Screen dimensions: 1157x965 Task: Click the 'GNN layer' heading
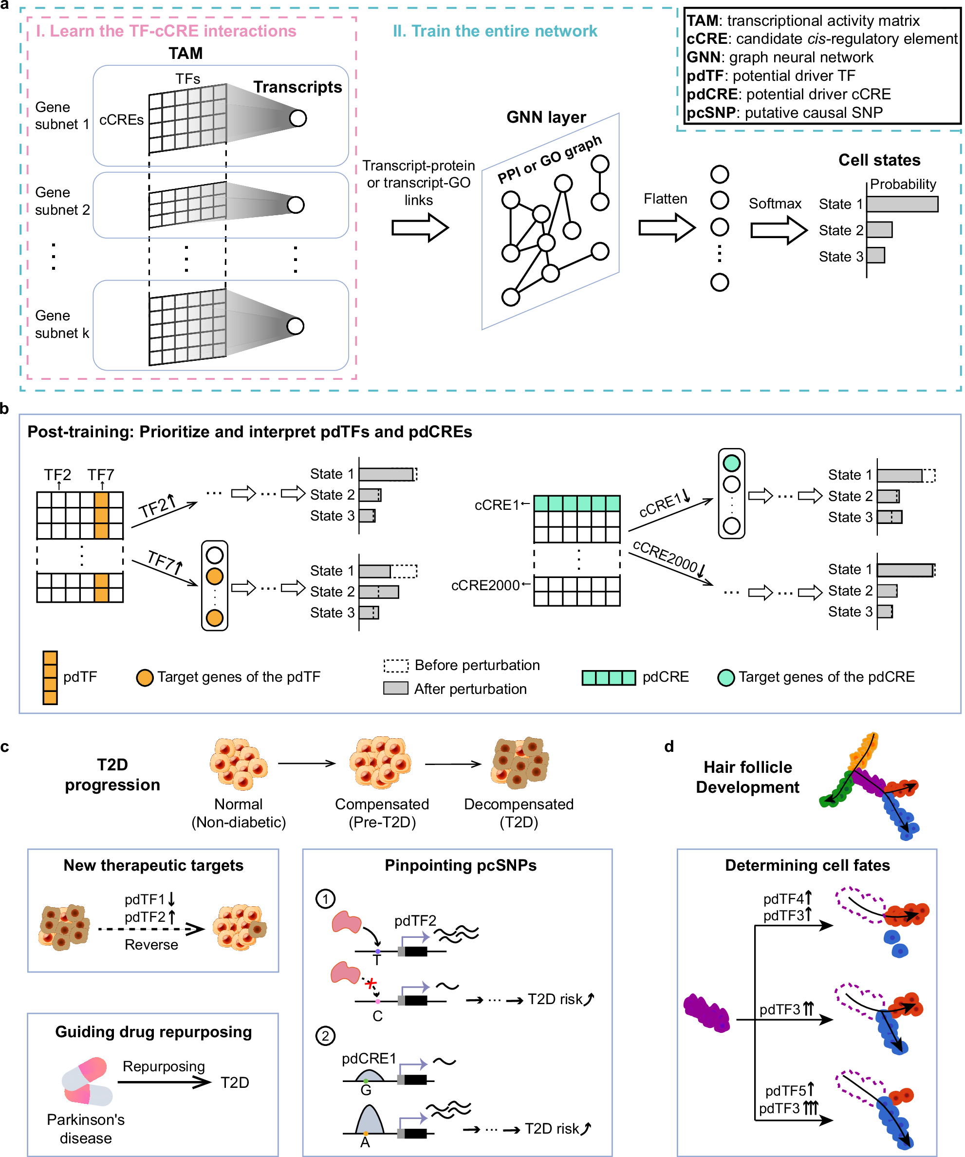pos(546,117)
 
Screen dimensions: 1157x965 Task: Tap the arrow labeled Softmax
pos(778,230)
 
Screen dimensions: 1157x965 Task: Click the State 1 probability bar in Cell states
pos(902,204)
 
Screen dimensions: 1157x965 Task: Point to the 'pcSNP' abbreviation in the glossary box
pos(711,113)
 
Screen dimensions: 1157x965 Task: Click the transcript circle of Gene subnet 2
pos(296,205)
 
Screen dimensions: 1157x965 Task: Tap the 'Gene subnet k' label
pos(62,324)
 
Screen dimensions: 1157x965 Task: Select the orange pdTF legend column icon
pos(50,678)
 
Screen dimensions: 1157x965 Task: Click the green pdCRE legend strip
pos(609,678)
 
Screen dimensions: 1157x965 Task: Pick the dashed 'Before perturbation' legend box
pos(395,666)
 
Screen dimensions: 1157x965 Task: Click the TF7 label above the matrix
pos(101,474)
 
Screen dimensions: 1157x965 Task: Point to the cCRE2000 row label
pos(485,585)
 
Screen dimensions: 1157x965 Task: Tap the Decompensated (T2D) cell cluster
pos(520,763)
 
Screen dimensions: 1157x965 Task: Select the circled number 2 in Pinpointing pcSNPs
pos(325,1036)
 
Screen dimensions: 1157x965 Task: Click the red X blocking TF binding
pos(371,983)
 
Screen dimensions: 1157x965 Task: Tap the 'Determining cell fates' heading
pos(807,865)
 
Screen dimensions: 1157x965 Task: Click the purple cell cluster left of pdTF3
pos(706,1013)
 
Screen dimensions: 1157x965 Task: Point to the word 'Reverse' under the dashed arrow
pos(151,944)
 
